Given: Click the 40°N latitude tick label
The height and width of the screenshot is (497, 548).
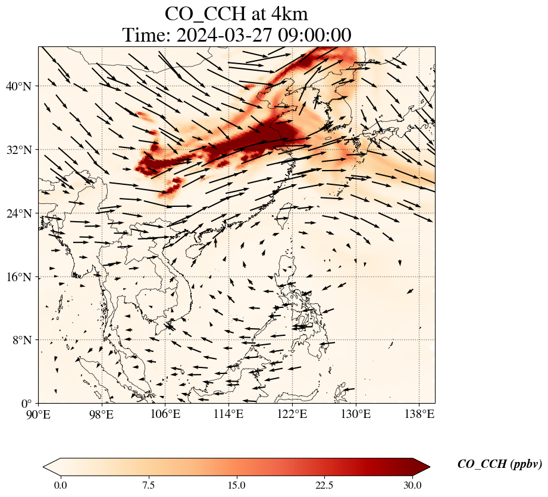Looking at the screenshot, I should click(x=18, y=86).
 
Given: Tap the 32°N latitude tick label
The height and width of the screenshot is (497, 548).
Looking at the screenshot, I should click(x=18, y=150).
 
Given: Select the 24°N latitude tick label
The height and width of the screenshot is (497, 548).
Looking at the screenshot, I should click(x=18, y=213).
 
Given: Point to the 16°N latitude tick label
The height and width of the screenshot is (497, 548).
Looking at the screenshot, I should click(x=18, y=277).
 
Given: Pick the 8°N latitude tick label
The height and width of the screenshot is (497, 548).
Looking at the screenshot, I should click(x=21, y=340).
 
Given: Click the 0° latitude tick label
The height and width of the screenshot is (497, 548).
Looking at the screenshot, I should click(x=25, y=404).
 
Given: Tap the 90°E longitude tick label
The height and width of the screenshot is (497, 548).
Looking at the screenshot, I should click(x=39, y=414).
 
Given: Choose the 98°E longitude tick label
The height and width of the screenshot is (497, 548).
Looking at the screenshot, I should click(x=102, y=414).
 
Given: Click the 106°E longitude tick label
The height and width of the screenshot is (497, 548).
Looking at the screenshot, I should click(x=165, y=414).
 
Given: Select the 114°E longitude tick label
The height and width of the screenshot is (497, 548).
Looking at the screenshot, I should click(x=228, y=414).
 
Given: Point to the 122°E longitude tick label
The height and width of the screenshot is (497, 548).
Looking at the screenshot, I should click(x=292, y=414).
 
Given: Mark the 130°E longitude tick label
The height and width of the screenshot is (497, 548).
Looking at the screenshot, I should click(x=355, y=414).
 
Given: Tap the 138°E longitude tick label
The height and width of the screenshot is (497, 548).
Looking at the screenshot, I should click(x=419, y=414).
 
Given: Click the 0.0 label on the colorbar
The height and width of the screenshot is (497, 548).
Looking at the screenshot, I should click(x=60, y=485).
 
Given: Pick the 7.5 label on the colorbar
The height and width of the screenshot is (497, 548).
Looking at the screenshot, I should click(x=148, y=485).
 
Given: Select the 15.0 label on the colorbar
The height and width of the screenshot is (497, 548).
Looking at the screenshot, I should click(x=236, y=485).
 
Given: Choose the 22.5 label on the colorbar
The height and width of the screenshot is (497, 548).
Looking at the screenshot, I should click(x=324, y=485).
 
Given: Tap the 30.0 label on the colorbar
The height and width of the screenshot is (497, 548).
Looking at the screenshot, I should click(x=412, y=485).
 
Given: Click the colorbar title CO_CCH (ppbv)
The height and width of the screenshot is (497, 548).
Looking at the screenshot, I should click(x=499, y=464).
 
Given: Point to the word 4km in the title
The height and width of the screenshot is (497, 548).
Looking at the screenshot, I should click(x=287, y=14).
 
